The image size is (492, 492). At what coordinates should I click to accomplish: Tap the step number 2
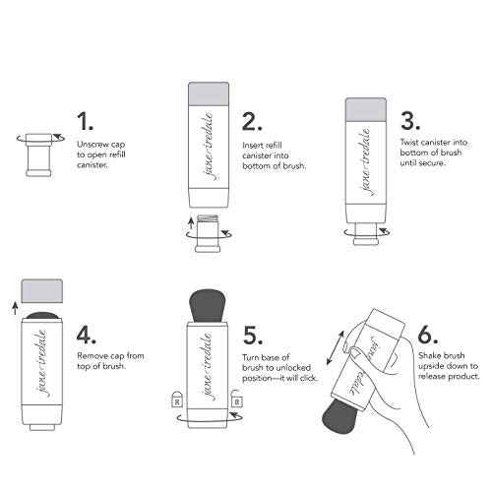(252, 122)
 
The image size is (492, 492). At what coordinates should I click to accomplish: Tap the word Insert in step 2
(253, 145)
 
